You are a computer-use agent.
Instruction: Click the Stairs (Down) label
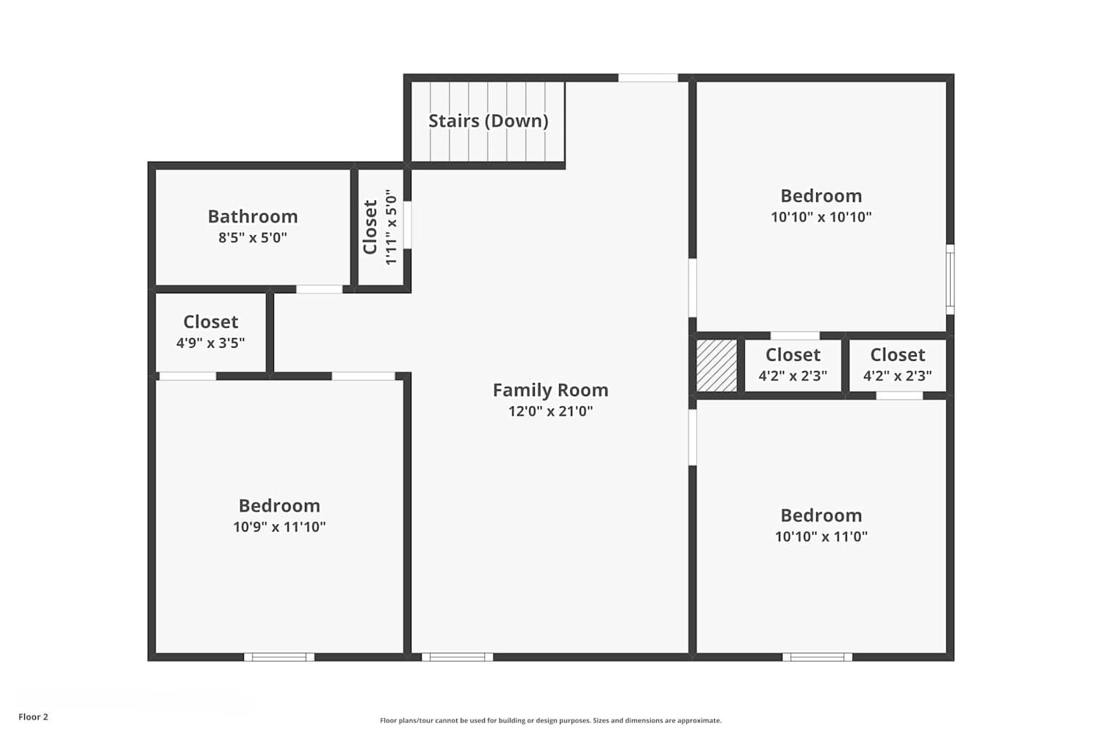(488, 121)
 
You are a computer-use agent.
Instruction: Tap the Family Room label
(550, 390)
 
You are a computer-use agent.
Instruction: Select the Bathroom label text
(253, 217)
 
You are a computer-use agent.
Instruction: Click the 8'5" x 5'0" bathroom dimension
(253, 237)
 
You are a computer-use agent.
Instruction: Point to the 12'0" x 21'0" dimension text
(550, 411)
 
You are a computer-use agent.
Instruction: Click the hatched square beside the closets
(716, 365)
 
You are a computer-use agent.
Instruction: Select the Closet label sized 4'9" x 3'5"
(210, 322)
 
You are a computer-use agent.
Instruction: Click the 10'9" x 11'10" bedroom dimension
(279, 527)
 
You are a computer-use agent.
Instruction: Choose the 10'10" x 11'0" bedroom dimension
(821, 537)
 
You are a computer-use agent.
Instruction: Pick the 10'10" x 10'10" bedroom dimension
(821, 217)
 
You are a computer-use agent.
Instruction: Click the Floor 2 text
(33, 717)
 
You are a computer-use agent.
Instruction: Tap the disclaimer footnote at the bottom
(550, 720)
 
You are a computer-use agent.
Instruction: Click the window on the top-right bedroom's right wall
(950, 279)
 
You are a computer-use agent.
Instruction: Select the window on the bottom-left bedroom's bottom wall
(279, 657)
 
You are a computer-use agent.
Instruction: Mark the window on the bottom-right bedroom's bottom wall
(817, 657)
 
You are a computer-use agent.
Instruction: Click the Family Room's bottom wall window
(457, 657)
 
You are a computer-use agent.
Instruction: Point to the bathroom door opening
(319, 289)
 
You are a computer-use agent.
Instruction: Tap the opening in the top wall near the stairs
(647, 78)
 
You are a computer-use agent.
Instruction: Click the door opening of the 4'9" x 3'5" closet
(187, 376)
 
